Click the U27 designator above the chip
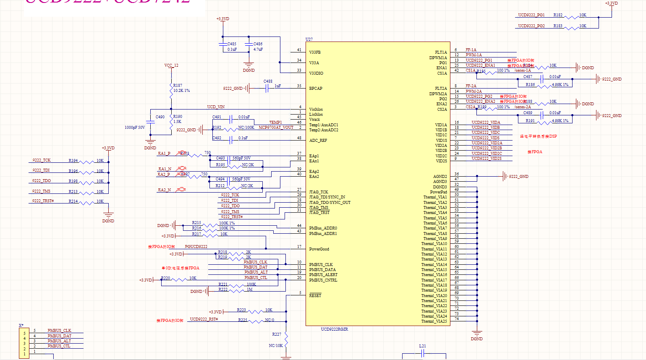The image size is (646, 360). pos(309,39)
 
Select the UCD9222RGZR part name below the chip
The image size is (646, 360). pos(334,329)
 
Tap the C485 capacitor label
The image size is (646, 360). pos(232,44)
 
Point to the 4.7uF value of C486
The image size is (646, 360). pos(258,50)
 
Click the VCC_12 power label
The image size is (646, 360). pos(171,65)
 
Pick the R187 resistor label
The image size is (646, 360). pos(178,85)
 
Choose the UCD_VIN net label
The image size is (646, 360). pos(216,107)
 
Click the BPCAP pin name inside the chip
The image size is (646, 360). pos(316,89)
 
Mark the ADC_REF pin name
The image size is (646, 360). pos(318,141)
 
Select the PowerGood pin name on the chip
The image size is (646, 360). pos(319,249)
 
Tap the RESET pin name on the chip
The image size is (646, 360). pos(315,296)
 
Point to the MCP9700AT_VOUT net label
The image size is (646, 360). pos(276,128)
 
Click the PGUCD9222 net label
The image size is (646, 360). pos(196,247)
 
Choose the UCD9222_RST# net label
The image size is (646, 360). pos(204,319)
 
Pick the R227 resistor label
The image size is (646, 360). pos(277,334)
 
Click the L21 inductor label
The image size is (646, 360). pos(422,346)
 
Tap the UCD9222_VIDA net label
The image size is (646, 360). pos(486,123)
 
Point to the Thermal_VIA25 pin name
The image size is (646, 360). pos(434,321)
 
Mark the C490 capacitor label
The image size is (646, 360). pos(160,117)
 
